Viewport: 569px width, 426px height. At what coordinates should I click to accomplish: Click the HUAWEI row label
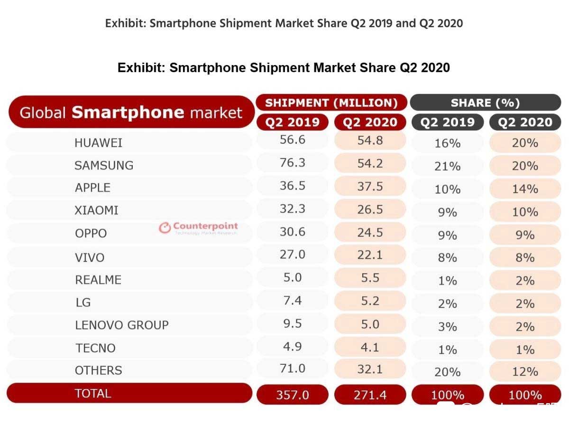pos(98,142)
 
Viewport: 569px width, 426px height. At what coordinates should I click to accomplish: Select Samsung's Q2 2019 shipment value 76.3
pos(292,163)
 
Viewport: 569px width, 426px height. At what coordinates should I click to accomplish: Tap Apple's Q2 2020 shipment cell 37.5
pos(370,186)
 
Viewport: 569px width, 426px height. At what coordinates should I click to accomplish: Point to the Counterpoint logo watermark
pos(198,227)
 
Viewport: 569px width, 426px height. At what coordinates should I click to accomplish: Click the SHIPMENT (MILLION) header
pos(331,103)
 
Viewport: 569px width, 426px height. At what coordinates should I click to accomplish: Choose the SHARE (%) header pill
pos(485,103)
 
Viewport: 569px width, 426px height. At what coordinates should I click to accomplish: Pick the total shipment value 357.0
pos(292,395)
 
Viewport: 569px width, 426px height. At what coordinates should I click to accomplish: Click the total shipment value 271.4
pos(370,395)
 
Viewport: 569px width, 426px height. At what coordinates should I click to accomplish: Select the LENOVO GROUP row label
pos(122,325)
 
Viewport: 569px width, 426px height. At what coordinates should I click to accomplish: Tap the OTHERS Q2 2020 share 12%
pos(525,372)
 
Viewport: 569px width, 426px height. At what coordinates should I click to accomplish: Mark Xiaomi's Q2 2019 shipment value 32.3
pos(292,209)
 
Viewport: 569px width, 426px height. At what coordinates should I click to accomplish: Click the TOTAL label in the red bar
pos(93,393)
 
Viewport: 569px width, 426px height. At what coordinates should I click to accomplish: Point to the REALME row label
pos(98,280)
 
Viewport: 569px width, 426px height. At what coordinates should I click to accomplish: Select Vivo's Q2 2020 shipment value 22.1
pos(370,256)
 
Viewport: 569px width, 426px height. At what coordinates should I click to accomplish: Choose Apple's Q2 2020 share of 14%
pos(525,189)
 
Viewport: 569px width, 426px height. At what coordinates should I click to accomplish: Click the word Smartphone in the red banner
pos(128,113)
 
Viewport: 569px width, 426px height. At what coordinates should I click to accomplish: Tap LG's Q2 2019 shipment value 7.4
pos(292,301)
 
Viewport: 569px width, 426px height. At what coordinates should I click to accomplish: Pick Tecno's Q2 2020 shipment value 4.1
pos(370,348)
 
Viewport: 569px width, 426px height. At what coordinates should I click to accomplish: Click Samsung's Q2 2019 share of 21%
pos(447,166)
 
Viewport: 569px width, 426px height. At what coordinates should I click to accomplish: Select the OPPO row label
pos(91,234)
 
